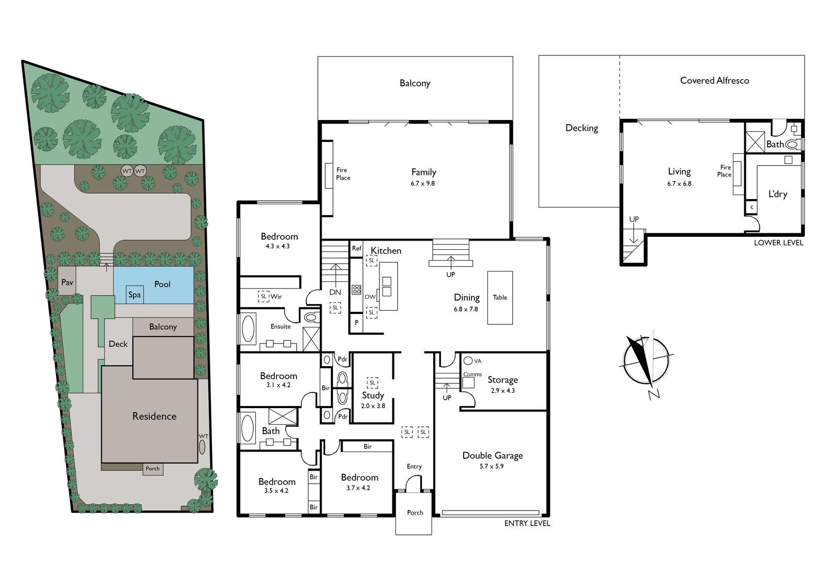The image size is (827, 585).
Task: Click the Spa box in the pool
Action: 135,294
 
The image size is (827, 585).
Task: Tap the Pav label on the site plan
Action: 67,282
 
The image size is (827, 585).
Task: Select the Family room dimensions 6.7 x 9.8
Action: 423,183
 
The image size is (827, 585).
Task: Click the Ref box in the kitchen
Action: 356,249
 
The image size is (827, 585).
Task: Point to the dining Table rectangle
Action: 500,297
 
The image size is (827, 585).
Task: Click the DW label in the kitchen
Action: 370,297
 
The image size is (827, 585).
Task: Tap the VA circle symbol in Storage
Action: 468,361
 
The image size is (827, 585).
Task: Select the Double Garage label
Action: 493,455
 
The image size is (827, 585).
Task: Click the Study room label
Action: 373,395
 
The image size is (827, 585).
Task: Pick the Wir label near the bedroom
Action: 276,296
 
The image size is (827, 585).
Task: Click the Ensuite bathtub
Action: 248,328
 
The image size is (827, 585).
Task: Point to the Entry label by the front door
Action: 414,467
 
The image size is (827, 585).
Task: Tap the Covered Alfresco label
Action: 715,81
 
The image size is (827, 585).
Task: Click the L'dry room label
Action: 778,194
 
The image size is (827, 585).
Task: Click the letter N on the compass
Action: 654,394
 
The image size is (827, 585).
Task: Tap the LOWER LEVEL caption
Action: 778,243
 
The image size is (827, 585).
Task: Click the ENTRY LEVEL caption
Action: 527,523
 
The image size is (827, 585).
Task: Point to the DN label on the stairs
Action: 335,292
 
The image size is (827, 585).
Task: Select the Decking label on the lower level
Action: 582,128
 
